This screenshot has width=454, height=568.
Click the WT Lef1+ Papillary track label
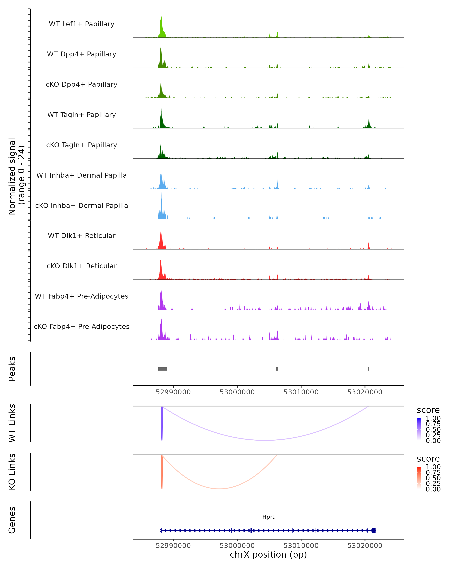[x=82, y=24]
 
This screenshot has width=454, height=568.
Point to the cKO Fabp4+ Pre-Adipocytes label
[x=82, y=326]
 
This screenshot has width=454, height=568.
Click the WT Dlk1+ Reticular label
[x=82, y=236]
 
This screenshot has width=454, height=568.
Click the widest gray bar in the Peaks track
[x=162, y=369]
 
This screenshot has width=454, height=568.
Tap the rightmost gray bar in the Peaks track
[x=368, y=369]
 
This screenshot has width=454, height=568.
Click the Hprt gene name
[x=268, y=517]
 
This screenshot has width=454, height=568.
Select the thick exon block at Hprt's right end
[x=373, y=531]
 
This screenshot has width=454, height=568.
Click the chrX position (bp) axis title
[x=268, y=555]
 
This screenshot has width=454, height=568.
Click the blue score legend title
[x=428, y=410]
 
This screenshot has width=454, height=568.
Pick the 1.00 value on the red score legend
[x=433, y=467]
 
